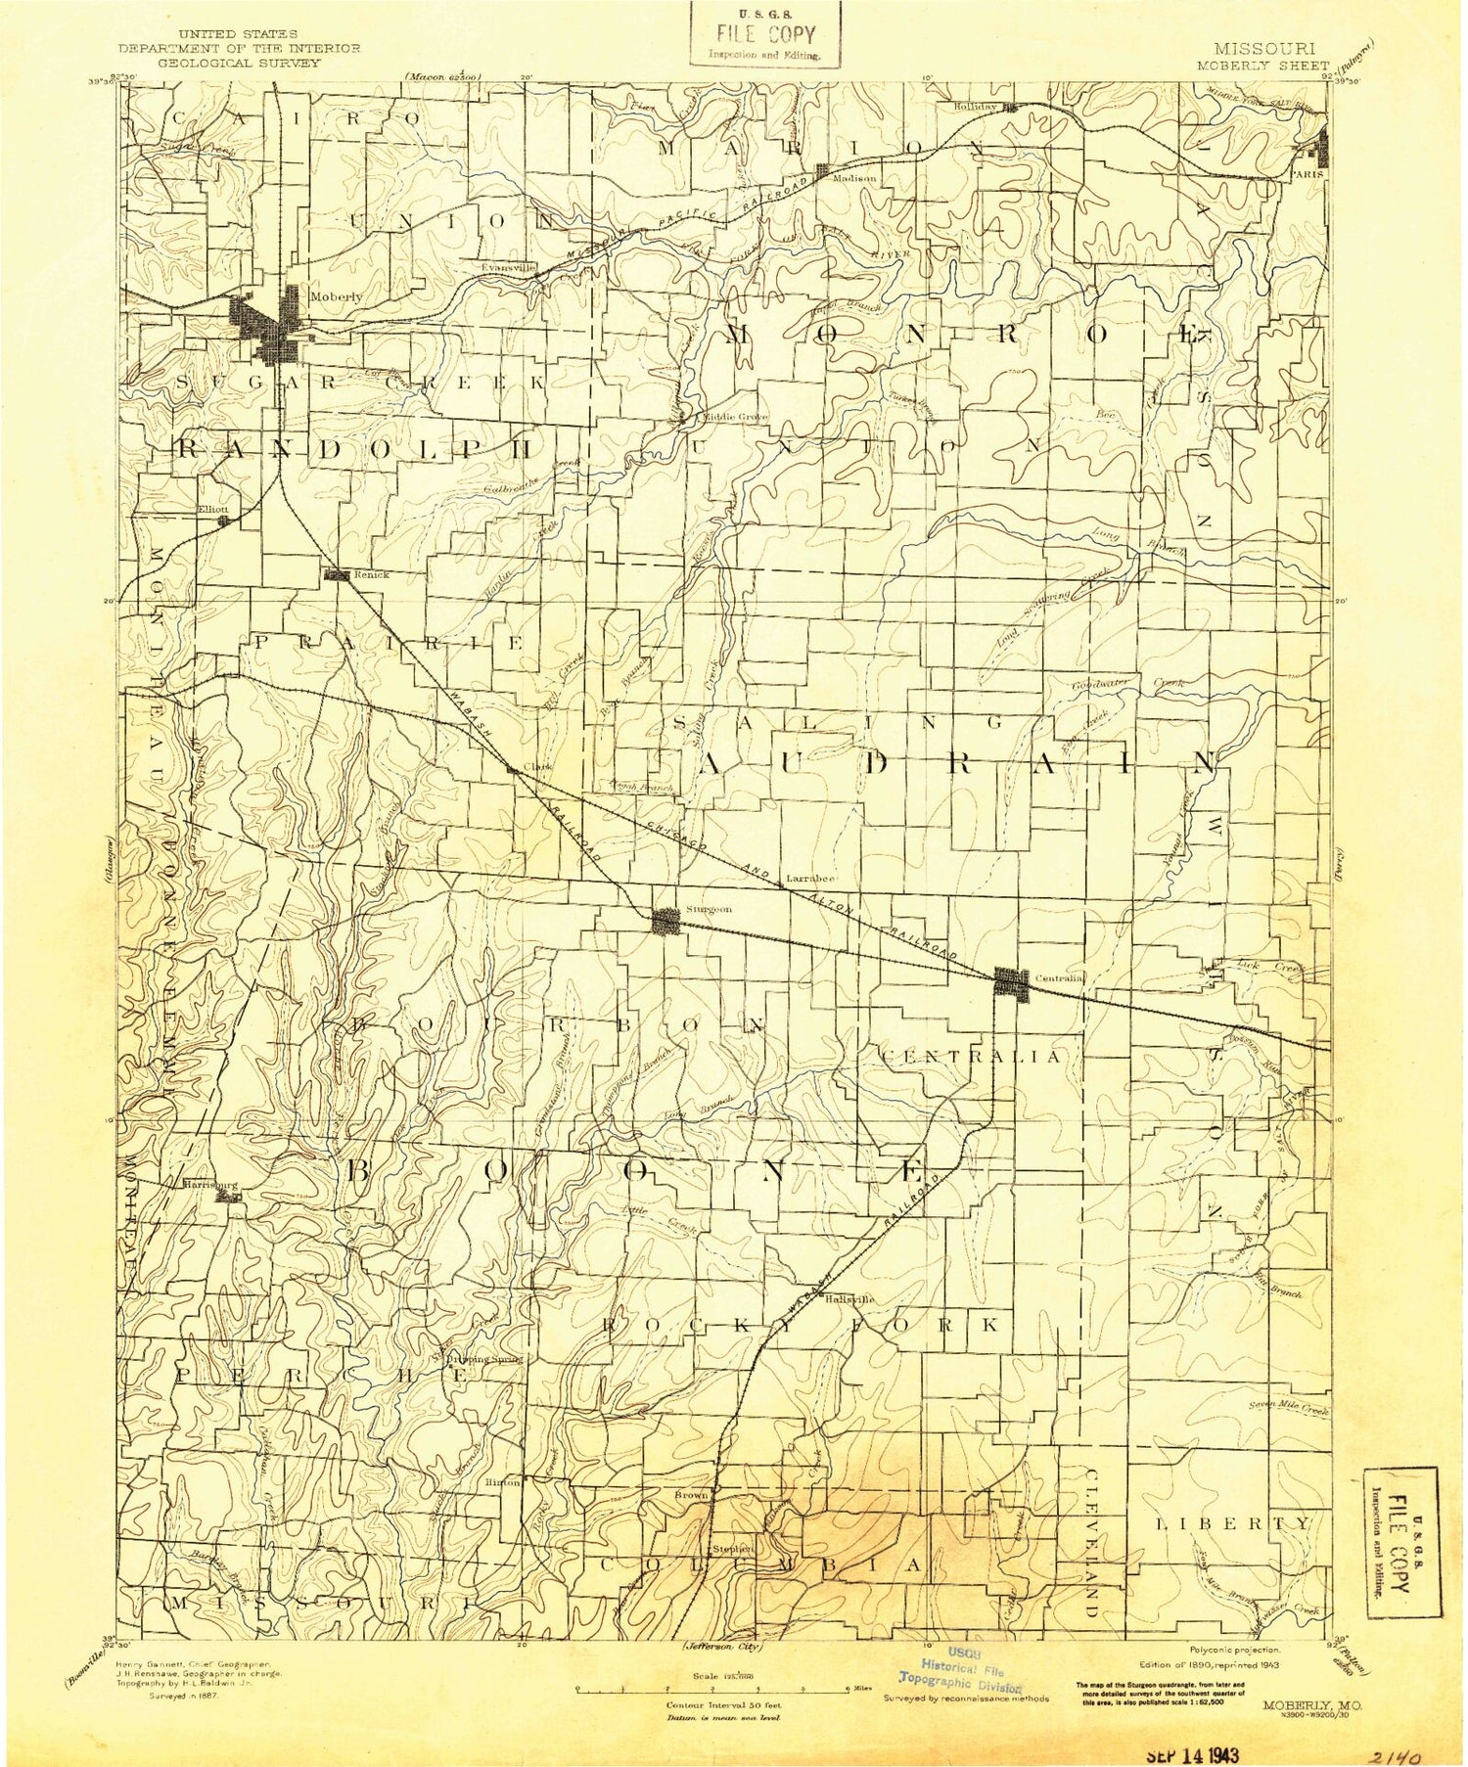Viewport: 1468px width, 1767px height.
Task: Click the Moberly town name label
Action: pyautogui.click(x=335, y=295)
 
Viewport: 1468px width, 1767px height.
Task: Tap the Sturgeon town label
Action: pyautogui.click(x=709, y=909)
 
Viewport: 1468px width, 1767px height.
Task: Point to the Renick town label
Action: pyautogui.click(x=371, y=574)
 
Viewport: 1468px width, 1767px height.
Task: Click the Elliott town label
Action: pyautogui.click(x=211, y=509)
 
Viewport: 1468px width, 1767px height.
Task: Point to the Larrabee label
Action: pyautogui.click(x=807, y=879)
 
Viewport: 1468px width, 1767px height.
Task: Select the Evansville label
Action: pyautogui.click(x=509, y=266)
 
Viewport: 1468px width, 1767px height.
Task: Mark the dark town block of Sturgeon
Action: pyautogui.click(x=667, y=920)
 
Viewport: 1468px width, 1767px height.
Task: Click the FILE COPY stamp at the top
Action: pyautogui.click(x=764, y=35)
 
